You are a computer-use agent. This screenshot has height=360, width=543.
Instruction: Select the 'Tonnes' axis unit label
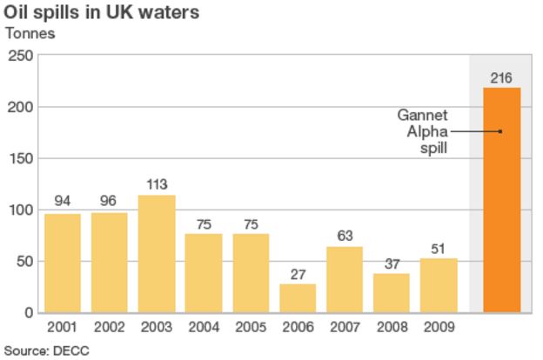click(31, 34)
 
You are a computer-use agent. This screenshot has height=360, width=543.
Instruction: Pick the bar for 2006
click(298, 298)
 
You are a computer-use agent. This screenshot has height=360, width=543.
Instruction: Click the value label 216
click(501, 78)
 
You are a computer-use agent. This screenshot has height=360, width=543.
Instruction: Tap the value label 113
click(157, 184)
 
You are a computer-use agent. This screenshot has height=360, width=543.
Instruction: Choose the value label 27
click(298, 274)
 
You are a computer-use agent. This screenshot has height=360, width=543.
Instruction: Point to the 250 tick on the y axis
click(21, 56)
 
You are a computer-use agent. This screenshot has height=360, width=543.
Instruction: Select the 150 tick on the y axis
click(21, 158)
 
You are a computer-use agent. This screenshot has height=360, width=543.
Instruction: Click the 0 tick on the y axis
click(29, 313)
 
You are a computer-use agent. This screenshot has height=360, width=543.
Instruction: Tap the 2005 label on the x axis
click(251, 328)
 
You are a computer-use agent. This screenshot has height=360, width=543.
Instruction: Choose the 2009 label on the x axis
click(439, 328)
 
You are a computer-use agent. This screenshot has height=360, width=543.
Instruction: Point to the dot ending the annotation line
click(501, 132)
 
